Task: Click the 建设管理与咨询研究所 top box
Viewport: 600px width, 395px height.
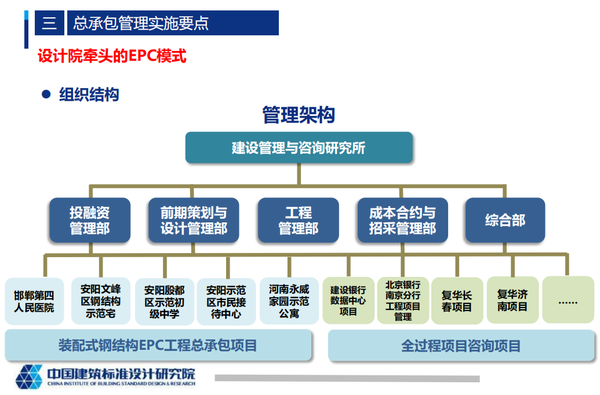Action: click(298, 148)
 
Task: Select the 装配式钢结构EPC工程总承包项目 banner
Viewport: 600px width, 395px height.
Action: click(157, 345)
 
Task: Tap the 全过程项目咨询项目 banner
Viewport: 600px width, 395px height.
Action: click(461, 345)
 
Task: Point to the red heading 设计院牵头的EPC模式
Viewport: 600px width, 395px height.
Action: click(112, 57)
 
